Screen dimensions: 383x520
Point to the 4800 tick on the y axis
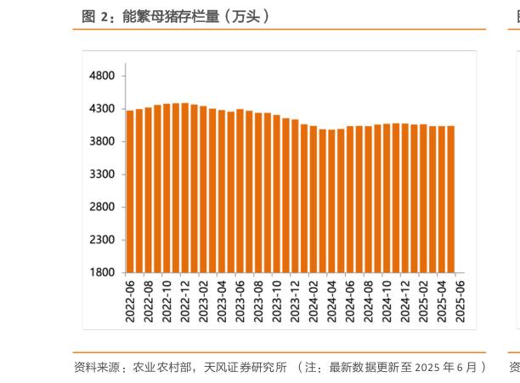pyautogui.click(x=101, y=76)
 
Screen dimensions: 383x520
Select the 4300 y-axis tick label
pyautogui.click(x=101, y=109)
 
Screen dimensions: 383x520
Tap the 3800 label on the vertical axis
pyautogui.click(x=101, y=141)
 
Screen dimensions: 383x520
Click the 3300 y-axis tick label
pyautogui.click(x=101, y=174)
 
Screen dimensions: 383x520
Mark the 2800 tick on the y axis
pyautogui.click(x=101, y=207)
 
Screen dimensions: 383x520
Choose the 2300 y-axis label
pyautogui.click(x=101, y=240)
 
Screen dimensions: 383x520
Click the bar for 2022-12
pyautogui.click(x=184, y=187)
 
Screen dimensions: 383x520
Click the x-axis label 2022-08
pyautogui.click(x=148, y=300)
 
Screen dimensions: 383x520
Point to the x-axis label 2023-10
pyautogui.click(x=276, y=300)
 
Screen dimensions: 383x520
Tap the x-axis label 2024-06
pyautogui.click(x=349, y=300)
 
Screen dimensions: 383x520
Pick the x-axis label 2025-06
pyautogui.click(x=460, y=300)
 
